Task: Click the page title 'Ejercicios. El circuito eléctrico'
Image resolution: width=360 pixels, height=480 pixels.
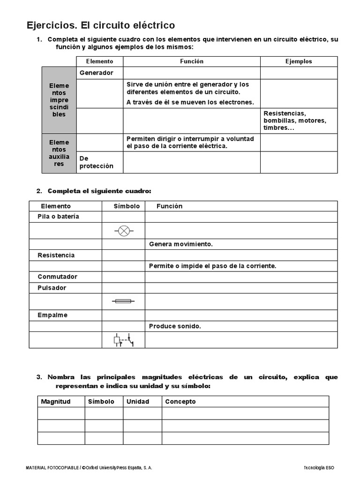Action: [101, 25]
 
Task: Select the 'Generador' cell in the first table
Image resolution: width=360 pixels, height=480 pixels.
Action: [97, 73]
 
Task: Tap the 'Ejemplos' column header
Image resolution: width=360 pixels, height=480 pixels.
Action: [299, 61]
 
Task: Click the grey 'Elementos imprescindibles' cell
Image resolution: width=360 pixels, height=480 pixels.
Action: [59, 100]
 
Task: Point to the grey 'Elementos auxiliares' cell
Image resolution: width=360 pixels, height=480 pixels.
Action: [59, 153]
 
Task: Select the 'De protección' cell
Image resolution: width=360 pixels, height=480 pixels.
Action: [97, 162]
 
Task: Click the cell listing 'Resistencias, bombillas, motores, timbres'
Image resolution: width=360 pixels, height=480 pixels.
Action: [295, 120]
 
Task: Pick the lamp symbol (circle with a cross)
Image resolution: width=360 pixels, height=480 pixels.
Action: [124, 231]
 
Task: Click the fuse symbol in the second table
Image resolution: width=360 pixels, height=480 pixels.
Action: [124, 301]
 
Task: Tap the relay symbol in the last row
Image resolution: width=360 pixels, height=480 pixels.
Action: [124, 340]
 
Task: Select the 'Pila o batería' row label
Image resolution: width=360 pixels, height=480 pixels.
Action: [59, 217]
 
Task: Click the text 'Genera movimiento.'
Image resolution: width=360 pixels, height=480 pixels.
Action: [181, 244]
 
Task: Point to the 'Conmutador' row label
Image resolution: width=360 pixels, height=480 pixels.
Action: [57, 277]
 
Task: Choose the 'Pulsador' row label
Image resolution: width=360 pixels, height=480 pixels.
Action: [52, 288]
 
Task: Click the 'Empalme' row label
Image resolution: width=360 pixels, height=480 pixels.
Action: [52, 315]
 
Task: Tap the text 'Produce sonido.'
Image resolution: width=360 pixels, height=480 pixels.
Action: [175, 326]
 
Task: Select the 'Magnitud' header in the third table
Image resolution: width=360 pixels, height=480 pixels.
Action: [56, 402]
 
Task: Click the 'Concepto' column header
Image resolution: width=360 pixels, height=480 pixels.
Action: [180, 402]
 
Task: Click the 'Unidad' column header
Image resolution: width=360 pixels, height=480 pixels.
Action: [138, 402]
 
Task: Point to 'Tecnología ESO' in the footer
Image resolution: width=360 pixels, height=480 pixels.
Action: [319, 468]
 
